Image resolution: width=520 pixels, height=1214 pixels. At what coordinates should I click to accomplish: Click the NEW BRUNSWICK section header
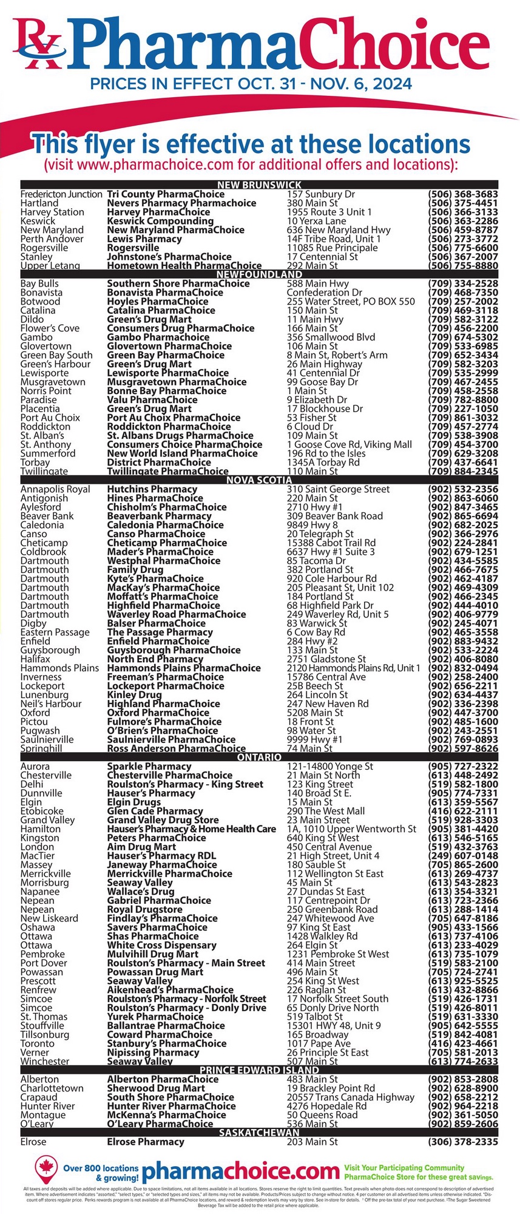pos(259,185)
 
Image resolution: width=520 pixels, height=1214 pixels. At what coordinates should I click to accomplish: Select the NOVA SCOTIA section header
pos(259,480)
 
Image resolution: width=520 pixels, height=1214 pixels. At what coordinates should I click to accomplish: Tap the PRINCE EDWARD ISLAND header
pos(259,1070)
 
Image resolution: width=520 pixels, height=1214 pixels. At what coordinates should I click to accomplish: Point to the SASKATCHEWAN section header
pos(259,1133)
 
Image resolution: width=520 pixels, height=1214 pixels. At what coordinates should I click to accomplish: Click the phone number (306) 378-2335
pos(463,1142)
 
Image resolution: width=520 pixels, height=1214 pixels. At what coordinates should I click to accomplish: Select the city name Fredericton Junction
pos(61,194)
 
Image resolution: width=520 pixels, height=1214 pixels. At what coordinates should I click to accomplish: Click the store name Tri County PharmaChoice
pos(166,194)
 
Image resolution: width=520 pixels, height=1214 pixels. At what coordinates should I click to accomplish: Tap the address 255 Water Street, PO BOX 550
pos(351,301)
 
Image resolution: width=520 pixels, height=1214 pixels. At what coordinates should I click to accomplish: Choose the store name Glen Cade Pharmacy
pos(155,811)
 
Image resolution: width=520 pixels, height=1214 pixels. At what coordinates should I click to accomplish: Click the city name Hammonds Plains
pos(59,668)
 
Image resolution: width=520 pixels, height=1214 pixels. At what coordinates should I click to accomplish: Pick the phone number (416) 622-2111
pos(463,811)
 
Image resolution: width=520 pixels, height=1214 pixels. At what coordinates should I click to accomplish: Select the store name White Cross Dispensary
pos(161,945)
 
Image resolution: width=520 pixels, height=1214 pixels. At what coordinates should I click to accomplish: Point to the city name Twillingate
pos(44,471)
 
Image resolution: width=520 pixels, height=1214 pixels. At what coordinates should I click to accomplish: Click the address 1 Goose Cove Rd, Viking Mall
pos(349,444)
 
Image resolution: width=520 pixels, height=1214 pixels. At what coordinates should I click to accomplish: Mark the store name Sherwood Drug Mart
pos(156,1088)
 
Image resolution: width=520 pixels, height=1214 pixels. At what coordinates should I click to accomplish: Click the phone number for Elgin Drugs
pos(463,802)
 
